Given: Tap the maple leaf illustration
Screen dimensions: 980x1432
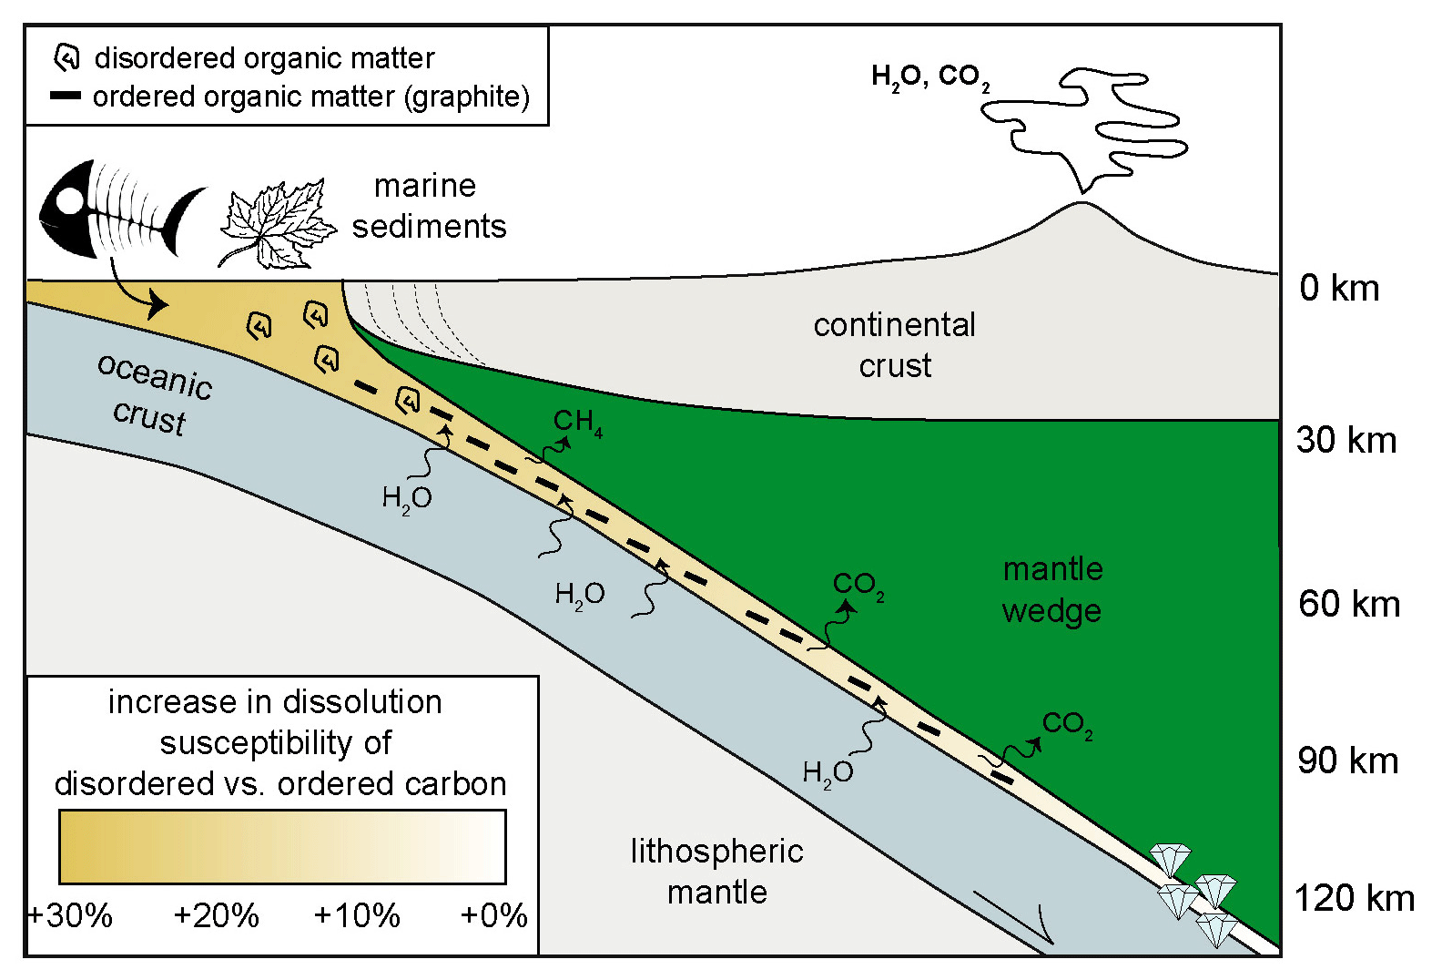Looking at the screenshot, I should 276,226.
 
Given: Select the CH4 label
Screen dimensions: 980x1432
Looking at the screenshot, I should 577,422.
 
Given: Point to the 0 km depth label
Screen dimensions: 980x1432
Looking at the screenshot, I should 1339,288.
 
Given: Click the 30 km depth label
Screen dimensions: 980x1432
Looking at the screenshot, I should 1346,441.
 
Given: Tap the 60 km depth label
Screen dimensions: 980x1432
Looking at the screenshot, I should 1348,604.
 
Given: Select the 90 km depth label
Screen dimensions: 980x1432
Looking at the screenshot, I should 1347,761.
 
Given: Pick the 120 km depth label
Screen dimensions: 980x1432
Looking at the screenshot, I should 1354,899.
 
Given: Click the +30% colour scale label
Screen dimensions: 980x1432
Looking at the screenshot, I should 70,915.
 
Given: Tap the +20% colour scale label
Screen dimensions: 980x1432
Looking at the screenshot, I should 216,915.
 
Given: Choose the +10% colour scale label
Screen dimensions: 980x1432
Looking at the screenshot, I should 356,915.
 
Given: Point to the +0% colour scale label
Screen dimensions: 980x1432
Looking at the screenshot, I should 493,915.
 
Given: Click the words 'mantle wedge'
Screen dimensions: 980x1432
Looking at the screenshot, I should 1051,589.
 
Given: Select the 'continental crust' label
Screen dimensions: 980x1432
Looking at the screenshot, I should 894,345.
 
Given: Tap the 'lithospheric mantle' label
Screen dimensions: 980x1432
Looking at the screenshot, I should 716,872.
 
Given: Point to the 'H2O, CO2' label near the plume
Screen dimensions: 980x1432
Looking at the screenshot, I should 929,77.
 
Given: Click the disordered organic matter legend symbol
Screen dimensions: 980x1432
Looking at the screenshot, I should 66,57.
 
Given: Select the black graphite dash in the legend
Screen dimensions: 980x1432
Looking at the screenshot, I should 66,96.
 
